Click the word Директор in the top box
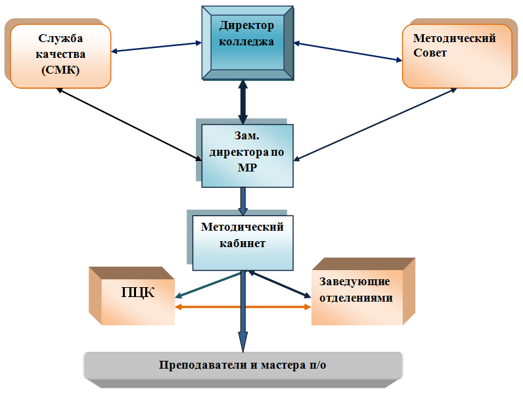coord(246,26)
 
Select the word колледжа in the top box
coord(246,41)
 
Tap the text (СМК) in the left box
coord(60,70)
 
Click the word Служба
coord(60,38)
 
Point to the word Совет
coord(430,53)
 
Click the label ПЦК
coord(137,292)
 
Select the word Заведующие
coord(355,281)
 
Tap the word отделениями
coord(356,298)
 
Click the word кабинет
coord(242,243)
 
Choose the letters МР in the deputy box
coord(247,168)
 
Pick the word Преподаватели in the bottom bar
coord(203,365)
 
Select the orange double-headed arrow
coord(243,307)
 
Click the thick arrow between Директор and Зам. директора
coord(243,102)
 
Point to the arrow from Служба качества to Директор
coord(156,47)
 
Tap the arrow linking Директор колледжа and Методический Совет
coord(348,51)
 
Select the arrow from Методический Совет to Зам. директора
coord(375,124)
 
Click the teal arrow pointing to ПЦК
coord(208,285)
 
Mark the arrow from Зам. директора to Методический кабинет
coord(243,201)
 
